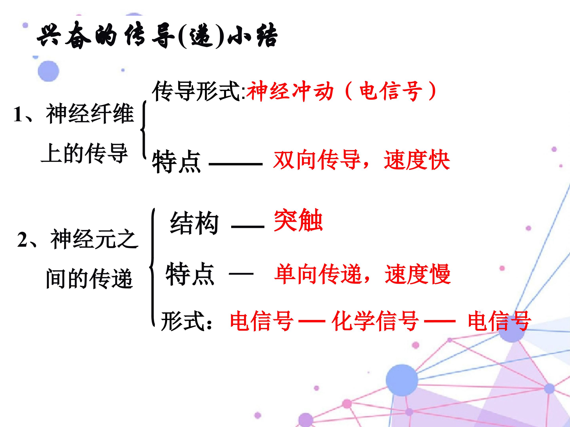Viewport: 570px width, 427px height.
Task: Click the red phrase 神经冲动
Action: tap(290, 91)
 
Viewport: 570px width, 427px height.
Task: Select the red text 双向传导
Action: tap(317, 160)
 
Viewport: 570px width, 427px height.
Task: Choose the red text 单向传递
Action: tap(318, 274)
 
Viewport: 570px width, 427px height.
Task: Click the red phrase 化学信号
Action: tap(375, 321)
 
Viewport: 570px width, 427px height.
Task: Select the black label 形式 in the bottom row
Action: tap(183, 321)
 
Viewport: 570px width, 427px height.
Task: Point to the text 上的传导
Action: tap(84, 153)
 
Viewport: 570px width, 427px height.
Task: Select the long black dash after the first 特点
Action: tap(236, 164)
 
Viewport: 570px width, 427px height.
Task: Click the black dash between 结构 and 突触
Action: tap(248, 227)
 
